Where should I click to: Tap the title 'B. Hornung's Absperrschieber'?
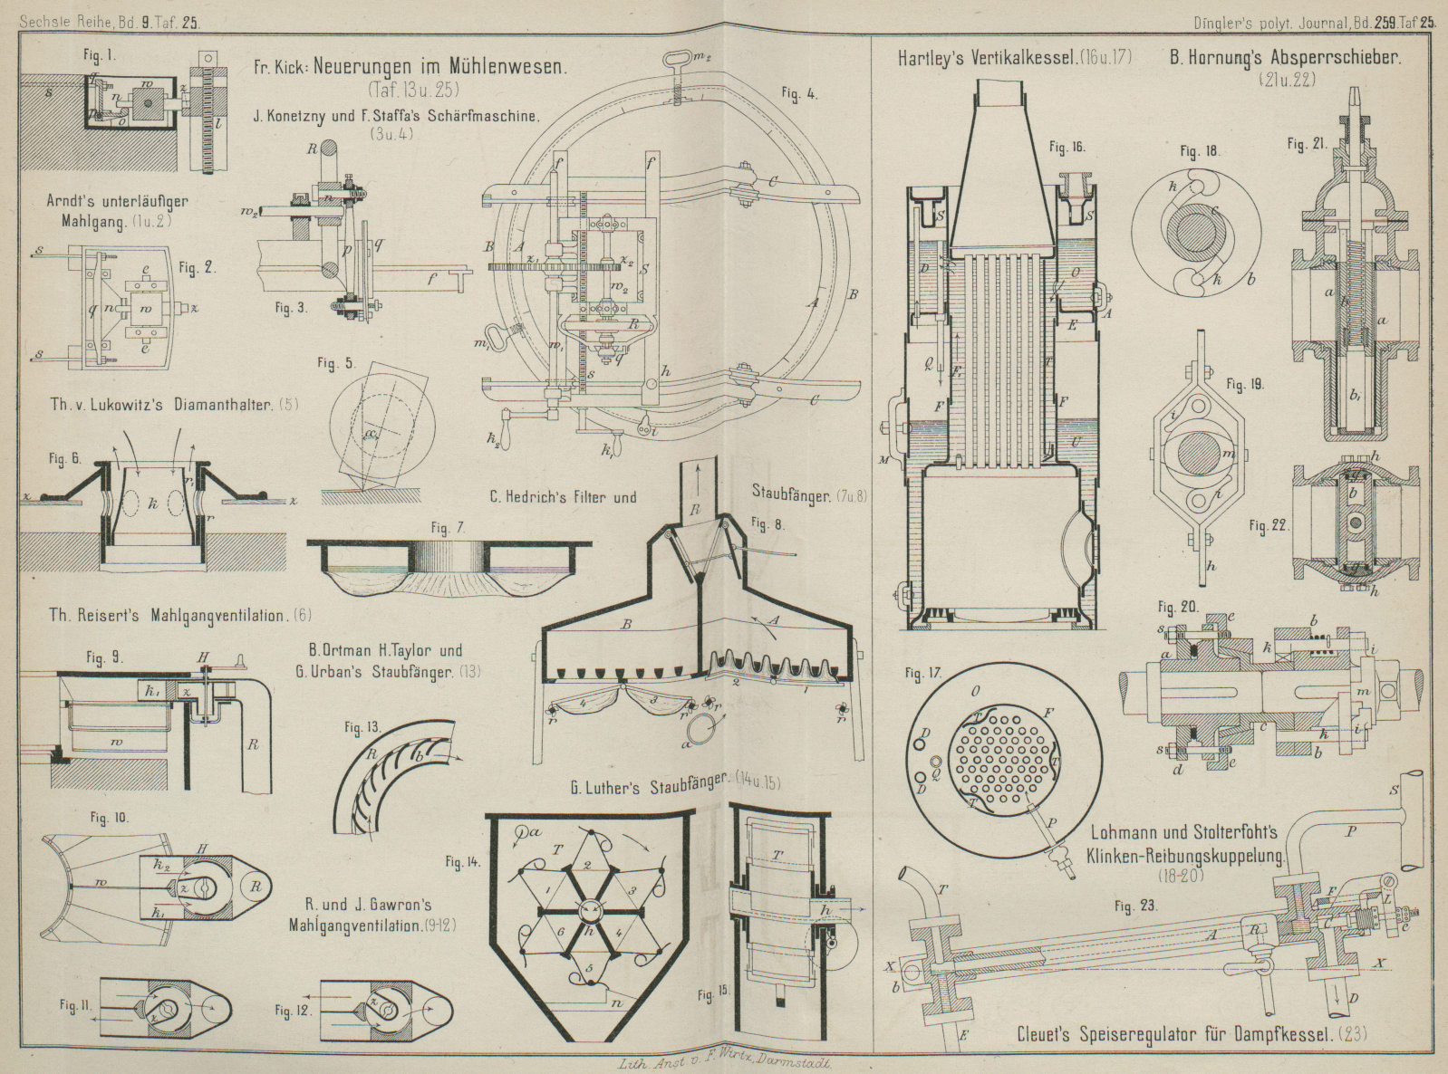pos(1285,58)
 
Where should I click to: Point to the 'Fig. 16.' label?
pos(1067,146)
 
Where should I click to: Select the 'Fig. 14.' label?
pos(463,862)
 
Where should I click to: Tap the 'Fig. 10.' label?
pos(108,818)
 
